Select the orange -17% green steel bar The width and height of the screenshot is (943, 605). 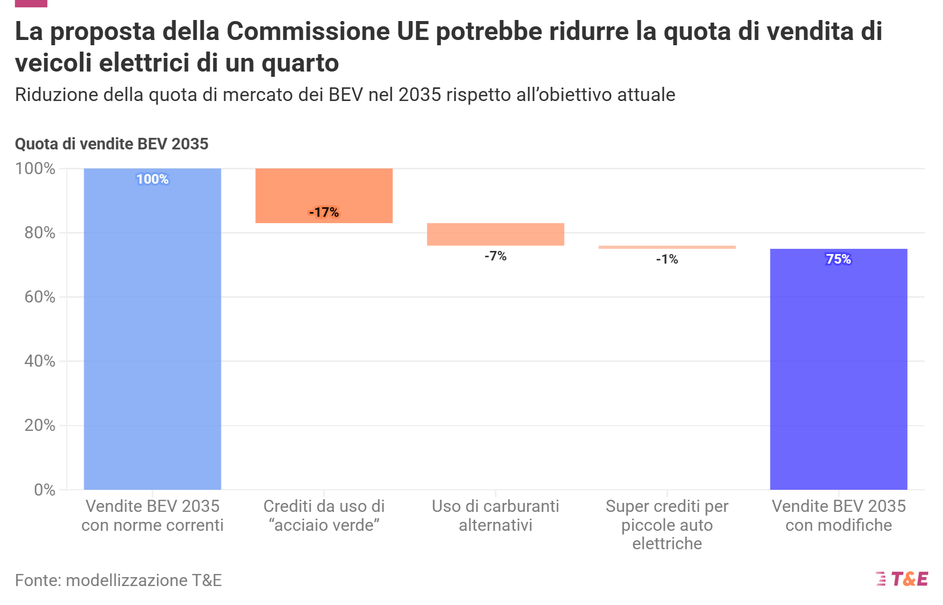pos(324,189)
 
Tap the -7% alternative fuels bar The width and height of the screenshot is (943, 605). pos(495,234)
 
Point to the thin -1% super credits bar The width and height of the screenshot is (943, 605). pos(667,247)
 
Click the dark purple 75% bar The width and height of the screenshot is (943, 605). pos(838,374)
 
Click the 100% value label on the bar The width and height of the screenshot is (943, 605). pos(152,179)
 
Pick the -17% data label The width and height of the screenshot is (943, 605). pos(324,213)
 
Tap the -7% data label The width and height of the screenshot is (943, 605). pos(495,256)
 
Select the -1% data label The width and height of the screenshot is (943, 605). pos(667,259)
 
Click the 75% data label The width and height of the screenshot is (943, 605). pos(838,259)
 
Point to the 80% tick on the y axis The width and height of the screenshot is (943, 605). pos(39,233)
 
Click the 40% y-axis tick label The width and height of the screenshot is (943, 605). pos(39,361)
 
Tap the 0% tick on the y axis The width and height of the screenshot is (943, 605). pos(44,490)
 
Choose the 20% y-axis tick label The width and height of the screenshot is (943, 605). pos(39,425)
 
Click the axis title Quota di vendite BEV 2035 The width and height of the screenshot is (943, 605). pos(112,144)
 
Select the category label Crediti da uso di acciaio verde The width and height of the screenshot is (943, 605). pos(324,516)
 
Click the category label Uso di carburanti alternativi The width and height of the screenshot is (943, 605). pos(495,516)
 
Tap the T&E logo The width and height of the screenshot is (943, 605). pos(902,579)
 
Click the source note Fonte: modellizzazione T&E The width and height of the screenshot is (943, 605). pos(118,580)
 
